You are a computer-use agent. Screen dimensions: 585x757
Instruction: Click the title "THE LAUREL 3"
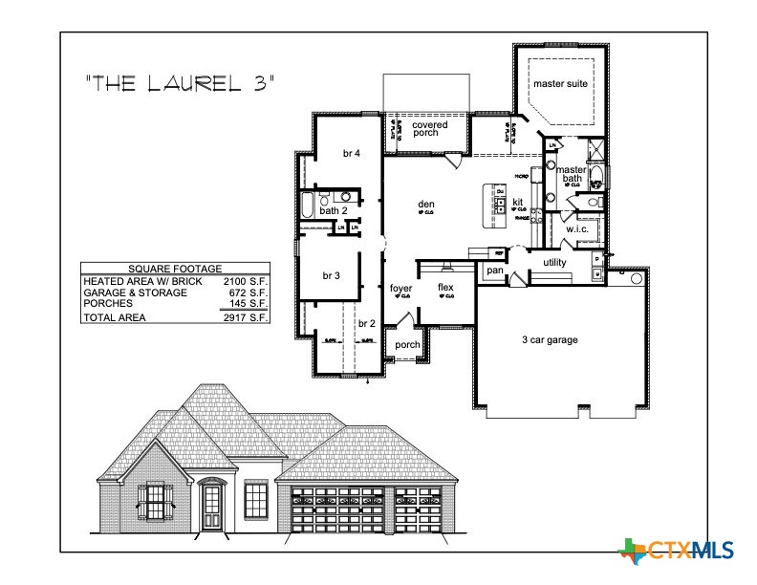[x=180, y=83]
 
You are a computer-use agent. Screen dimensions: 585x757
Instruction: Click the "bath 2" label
[x=334, y=210]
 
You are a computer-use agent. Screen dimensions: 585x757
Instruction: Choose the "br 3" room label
[x=331, y=275]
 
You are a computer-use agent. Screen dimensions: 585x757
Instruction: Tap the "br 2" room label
[x=366, y=323]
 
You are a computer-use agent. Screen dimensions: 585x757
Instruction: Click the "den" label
[x=426, y=204]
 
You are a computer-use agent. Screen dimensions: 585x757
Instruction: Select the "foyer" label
[x=400, y=287]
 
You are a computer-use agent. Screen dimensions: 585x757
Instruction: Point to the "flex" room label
[x=445, y=287]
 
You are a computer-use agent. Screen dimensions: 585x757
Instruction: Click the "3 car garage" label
[x=550, y=339]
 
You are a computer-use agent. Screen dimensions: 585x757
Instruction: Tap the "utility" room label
[x=554, y=262]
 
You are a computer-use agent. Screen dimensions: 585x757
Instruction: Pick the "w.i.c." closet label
[x=576, y=229]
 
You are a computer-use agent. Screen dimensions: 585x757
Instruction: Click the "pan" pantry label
[x=494, y=271]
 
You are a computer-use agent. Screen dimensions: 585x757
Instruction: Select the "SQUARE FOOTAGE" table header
[x=175, y=270]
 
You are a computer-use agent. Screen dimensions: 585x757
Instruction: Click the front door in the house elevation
[x=213, y=508]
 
